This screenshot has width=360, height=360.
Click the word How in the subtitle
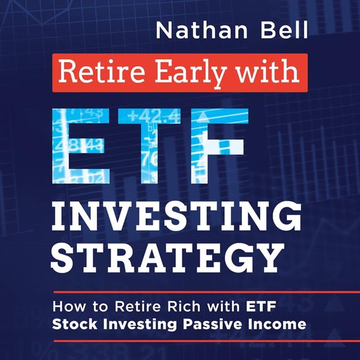pyautogui.click(x=68, y=306)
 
